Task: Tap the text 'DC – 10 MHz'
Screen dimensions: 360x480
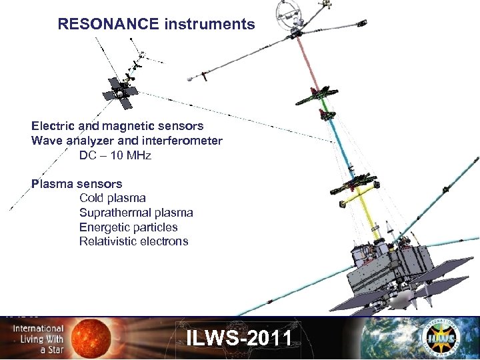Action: pyautogui.click(x=115, y=155)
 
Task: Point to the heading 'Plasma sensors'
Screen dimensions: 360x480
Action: pyautogui.click(x=77, y=183)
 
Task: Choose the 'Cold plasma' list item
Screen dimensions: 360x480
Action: pyautogui.click(x=112, y=198)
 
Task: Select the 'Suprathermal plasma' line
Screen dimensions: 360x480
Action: pyautogui.click(x=136, y=213)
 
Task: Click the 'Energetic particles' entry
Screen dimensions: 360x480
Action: pyautogui.click(x=129, y=227)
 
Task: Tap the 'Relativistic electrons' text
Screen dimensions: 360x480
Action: pyautogui.click(x=133, y=241)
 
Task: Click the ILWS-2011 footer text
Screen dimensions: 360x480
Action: pyautogui.click(x=239, y=338)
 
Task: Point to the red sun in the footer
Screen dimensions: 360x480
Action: pyautogui.click(x=97, y=337)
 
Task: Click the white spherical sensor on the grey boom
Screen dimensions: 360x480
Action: pyautogui.click(x=193, y=78)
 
